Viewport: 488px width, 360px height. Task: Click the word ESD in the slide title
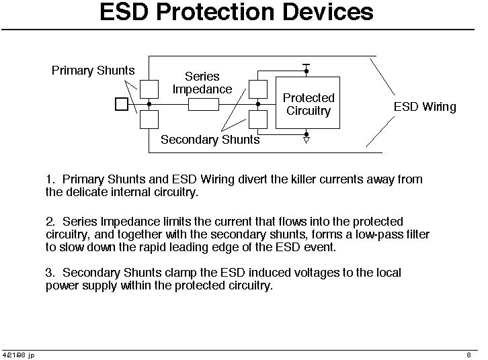pos(124,12)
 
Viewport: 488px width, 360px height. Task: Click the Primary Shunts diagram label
pos(93,71)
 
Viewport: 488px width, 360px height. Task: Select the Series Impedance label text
pos(202,83)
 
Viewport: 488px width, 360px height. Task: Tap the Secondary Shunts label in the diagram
pos(210,140)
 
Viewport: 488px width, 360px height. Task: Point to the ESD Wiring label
pos(425,107)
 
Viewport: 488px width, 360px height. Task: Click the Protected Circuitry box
pos(308,103)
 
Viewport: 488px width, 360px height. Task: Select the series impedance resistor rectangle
pos(204,105)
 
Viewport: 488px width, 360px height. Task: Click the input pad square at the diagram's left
pos(122,104)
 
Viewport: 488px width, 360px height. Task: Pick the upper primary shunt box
pos(149,89)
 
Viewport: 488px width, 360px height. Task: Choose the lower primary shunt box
pos(149,120)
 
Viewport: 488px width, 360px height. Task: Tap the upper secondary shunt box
pos(258,89)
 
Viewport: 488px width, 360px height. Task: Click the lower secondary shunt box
pos(258,120)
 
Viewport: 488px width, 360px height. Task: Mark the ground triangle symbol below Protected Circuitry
pos(307,140)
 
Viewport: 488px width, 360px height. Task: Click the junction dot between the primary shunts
pos(149,104)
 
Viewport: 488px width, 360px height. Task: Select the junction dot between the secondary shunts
pos(258,104)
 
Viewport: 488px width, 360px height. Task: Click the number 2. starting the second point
pos(50,222)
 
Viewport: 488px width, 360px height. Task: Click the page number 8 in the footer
pos(469,355)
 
